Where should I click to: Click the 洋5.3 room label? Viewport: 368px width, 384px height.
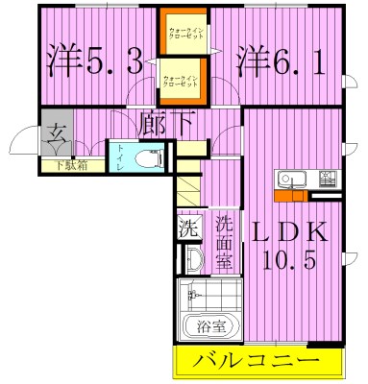[94, 62]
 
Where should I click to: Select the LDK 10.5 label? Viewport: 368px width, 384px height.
[290, 245]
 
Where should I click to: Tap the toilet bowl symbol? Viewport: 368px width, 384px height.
[151, 156]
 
